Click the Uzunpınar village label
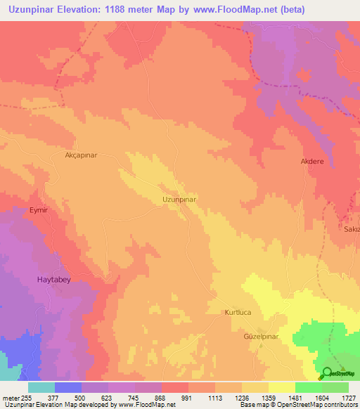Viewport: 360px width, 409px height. click(179, 200)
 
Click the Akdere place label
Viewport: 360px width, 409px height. click(312, 161)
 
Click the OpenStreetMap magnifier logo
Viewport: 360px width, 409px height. click(327, 375)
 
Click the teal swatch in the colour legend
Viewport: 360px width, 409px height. click(41, 387)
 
